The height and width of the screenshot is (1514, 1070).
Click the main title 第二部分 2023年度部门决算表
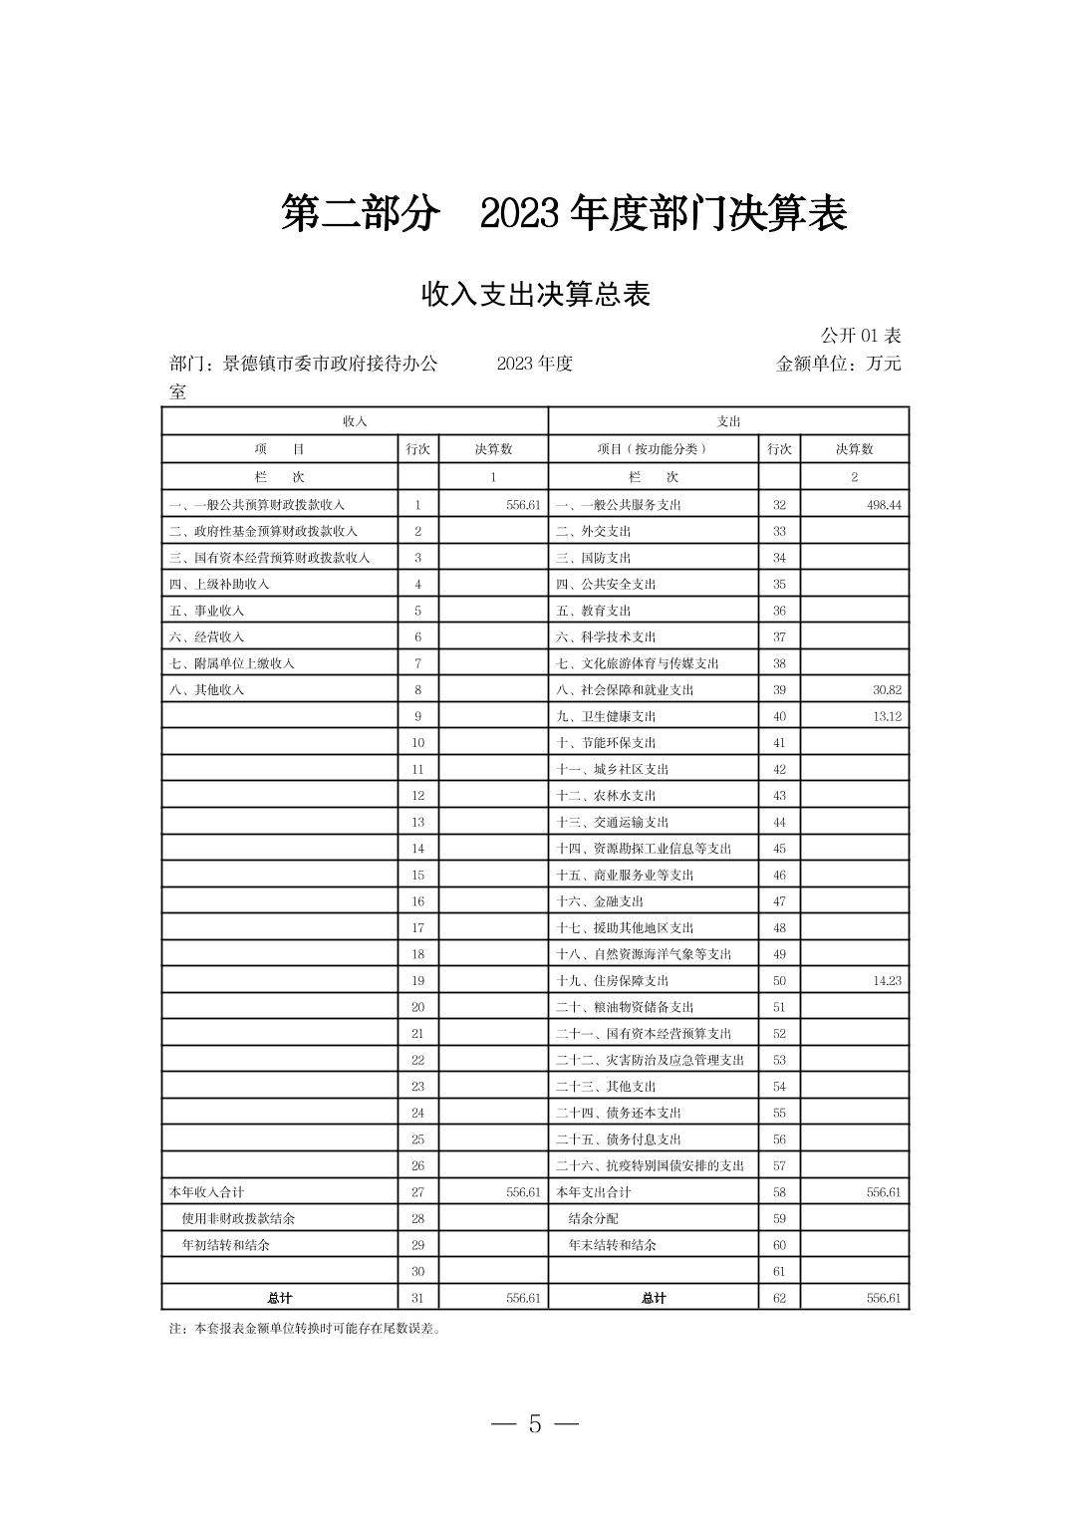pyautogui.click(x=564, y=214)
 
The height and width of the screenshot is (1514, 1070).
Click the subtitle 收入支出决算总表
pyautogui.click(x=536, y=295)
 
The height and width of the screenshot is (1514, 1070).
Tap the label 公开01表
pyautogui.click(x=861, y=336)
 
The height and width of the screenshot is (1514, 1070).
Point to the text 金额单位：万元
pyautogui.click(x=838, y=364)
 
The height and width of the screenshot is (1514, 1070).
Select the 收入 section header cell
pyautogui.click(x=355, y=421)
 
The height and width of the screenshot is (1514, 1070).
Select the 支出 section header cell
pyautogui.click(x=728, y=421)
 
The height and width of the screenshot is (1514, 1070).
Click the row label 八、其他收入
pyautogui.click(x=207, y=690)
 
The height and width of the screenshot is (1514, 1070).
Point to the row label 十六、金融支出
pyautogui.click(x=600, y=901)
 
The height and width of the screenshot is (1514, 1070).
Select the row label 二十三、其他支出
pyautogui.click(x=606, y=1087)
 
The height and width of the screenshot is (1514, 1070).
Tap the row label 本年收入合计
pyautogui.click(x=207, y=1192)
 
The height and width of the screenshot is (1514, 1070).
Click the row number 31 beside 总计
pyautogui.click(x=418, y=1298)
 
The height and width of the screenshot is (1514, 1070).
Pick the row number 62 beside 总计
pyautogui.click(x=779, y=1298)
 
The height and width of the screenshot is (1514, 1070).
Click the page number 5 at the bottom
pyautogui.click(x=535, y=1424)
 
